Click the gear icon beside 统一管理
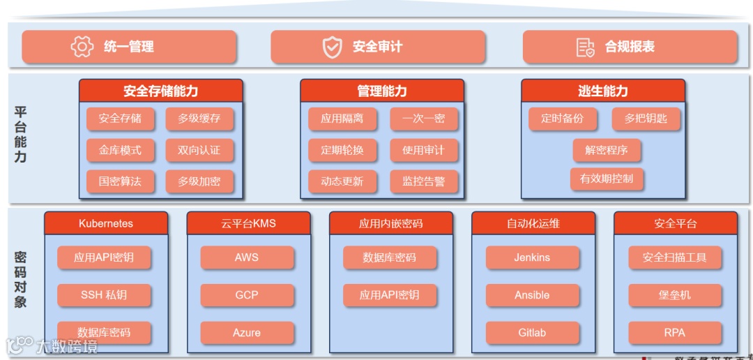82,47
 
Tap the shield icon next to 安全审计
332,47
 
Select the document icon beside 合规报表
585,47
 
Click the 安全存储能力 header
161,91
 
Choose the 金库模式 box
120,150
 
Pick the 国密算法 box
120,181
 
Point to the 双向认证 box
199,150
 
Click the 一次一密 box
423,119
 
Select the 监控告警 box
423,181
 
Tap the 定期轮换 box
342,150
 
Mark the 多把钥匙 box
646,119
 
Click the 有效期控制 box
607,179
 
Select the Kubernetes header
106,223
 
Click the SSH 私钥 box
104,295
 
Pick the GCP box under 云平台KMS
247,295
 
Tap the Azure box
247,333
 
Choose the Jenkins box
532,257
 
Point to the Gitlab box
532,333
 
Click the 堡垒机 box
674,295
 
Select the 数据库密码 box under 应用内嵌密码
389,257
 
